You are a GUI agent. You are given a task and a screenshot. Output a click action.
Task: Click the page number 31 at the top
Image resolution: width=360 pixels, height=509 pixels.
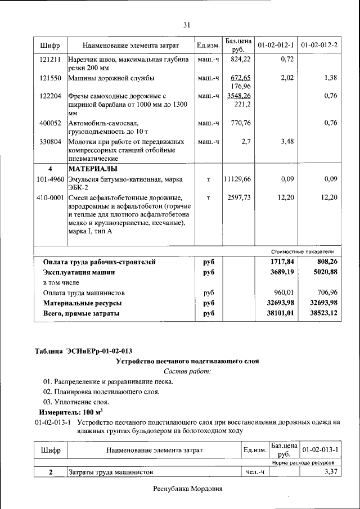tap(187, 25)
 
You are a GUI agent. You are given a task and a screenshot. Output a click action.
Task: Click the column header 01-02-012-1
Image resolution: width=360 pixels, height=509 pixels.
tap(276, 44)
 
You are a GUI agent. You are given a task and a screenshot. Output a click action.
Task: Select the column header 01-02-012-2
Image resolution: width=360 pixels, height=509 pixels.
tap(319, 44)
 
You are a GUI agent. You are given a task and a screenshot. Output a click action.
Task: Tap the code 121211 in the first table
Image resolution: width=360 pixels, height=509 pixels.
tap(51, 58)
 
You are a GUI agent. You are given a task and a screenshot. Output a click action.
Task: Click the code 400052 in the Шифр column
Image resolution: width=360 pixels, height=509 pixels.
tap(51, 123)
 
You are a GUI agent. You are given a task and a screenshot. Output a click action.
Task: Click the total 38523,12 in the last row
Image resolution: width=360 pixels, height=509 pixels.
tap(322, 313)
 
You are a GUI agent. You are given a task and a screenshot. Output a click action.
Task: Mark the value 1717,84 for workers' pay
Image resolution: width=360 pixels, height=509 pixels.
tap(282, 262)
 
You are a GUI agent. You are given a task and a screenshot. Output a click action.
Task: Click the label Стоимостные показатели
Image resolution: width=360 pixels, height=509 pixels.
tap(302, 251)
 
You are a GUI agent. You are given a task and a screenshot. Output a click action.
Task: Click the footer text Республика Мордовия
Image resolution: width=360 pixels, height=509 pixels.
tap(188, 489)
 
